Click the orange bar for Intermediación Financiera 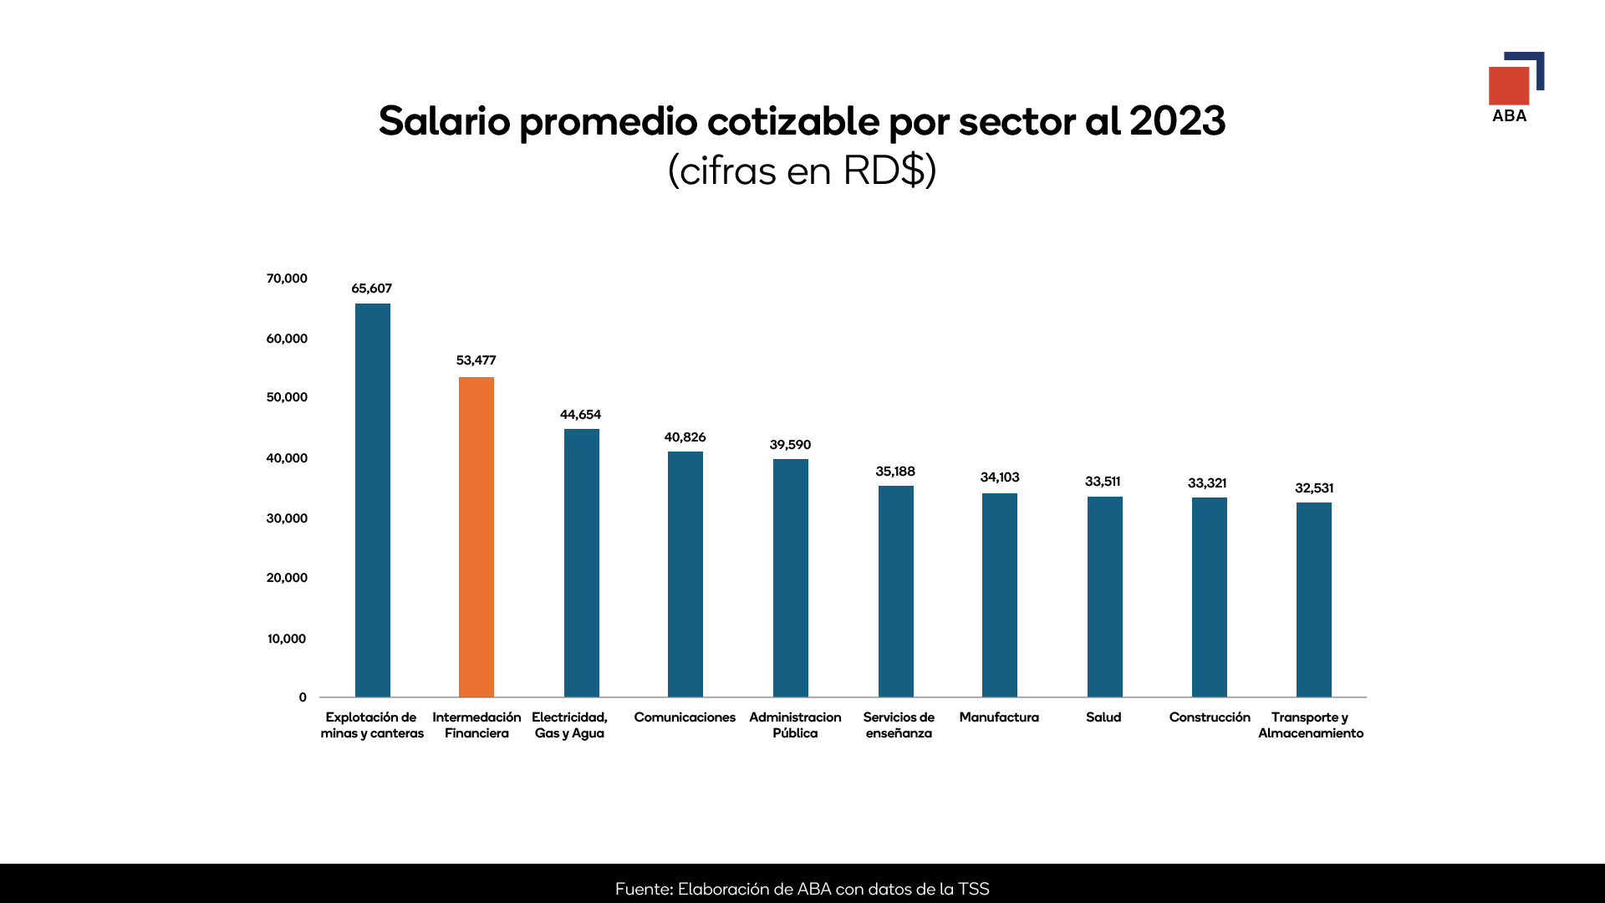(476, 537)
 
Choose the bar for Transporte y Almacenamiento (1313, 599)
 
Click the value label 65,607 (371, 288)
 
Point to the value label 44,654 (580, 415)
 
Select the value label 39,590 (790, 445)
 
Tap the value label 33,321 (1207, 483)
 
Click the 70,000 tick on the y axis (287, 278)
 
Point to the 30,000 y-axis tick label (287, 518)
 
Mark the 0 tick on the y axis (303, 697)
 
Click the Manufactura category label (999, 717)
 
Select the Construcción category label (1210, 717)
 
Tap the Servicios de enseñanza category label (899, 725)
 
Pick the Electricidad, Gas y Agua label (569, 725)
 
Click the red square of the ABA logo (1508, 85)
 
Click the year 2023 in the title (1177, 121)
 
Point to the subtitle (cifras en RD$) (802, 171)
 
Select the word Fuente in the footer (643, 889)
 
